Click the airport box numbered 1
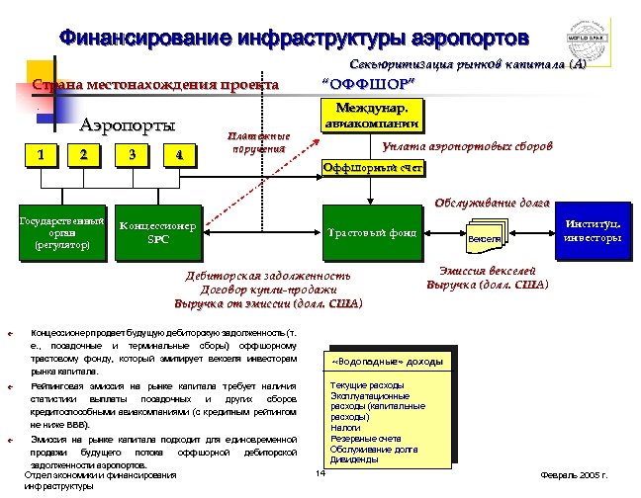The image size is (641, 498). tap(40, 154)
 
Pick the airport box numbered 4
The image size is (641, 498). tap(177, 154)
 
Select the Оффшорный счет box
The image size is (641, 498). tap(373, 169)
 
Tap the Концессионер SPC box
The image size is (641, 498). tap(157, 233)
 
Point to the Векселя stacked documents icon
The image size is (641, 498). tap(484, 237)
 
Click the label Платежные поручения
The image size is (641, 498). tap(258, 142)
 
